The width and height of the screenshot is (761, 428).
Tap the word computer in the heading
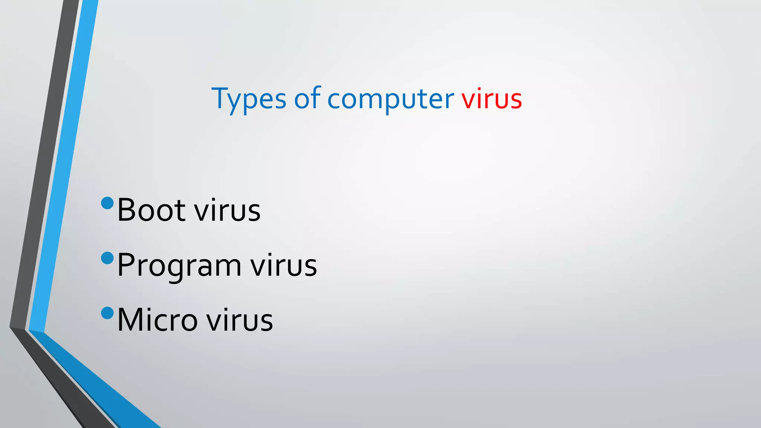tap(390, 99)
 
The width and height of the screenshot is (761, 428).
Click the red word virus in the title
tap(492, 99)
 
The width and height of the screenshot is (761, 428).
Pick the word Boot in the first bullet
tap(151, 210)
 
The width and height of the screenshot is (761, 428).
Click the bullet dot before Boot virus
tap(107, 203)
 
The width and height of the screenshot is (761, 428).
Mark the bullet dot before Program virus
tap(107, 258)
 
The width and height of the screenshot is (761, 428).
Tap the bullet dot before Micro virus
tap(107, 313)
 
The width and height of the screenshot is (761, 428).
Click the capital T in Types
tap(219, 98)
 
